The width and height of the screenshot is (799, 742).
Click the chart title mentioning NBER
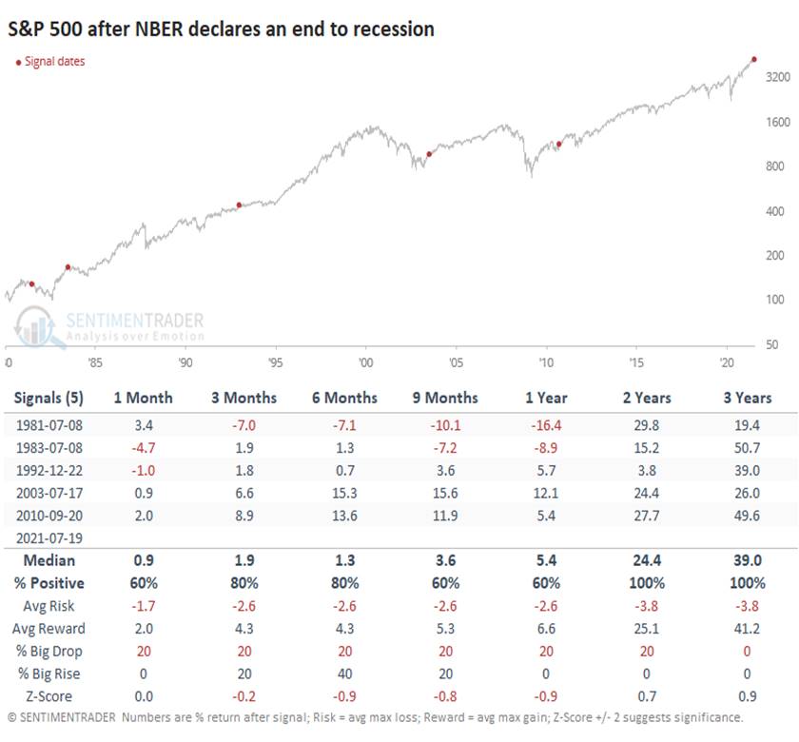(222, 29)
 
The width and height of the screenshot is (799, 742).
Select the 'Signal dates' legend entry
(53, 62)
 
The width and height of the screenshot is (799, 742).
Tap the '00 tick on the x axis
(365, 362)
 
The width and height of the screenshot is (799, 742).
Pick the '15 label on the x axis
(636, 362)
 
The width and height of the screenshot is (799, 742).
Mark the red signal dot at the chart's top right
(754, 60)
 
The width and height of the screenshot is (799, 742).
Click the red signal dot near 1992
(239, 205)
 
